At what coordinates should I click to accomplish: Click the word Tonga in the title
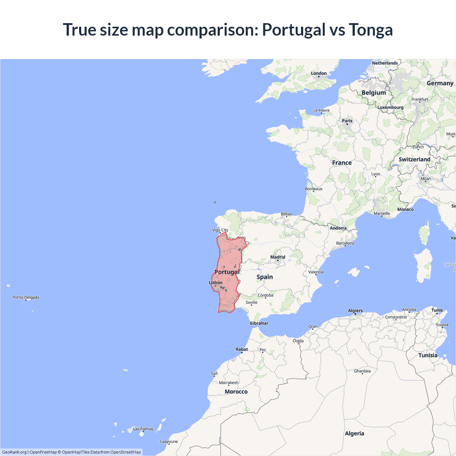tap(370, 30)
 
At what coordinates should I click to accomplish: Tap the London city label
tap(318, 73)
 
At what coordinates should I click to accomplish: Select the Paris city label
tap(347, 121)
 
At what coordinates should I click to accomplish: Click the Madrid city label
tap(278, 257)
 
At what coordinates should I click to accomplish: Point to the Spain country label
tap(265, 277)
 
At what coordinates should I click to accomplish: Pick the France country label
tap(342, 163)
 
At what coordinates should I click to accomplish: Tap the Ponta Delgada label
tap(26, 297)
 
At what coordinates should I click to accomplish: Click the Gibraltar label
tap(259, 323)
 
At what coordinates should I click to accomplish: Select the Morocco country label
tap(236, 392)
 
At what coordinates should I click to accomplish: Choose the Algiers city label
tap(355, 311)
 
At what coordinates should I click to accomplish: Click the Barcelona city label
tap(345, 243)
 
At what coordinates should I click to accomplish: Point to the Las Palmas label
tap(143, 429)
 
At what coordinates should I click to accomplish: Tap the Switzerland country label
tap(414, 160)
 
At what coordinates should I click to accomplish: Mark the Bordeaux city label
tap(313, 189)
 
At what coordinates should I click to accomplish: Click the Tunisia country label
tap(428, 356)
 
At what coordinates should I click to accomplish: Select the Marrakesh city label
tap(229, 383)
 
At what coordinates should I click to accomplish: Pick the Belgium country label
tap(374, 93)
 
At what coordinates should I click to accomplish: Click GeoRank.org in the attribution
tap(14, 452)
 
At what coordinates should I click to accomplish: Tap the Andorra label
tap(338, 228)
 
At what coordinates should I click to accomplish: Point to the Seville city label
tap(251, 302)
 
